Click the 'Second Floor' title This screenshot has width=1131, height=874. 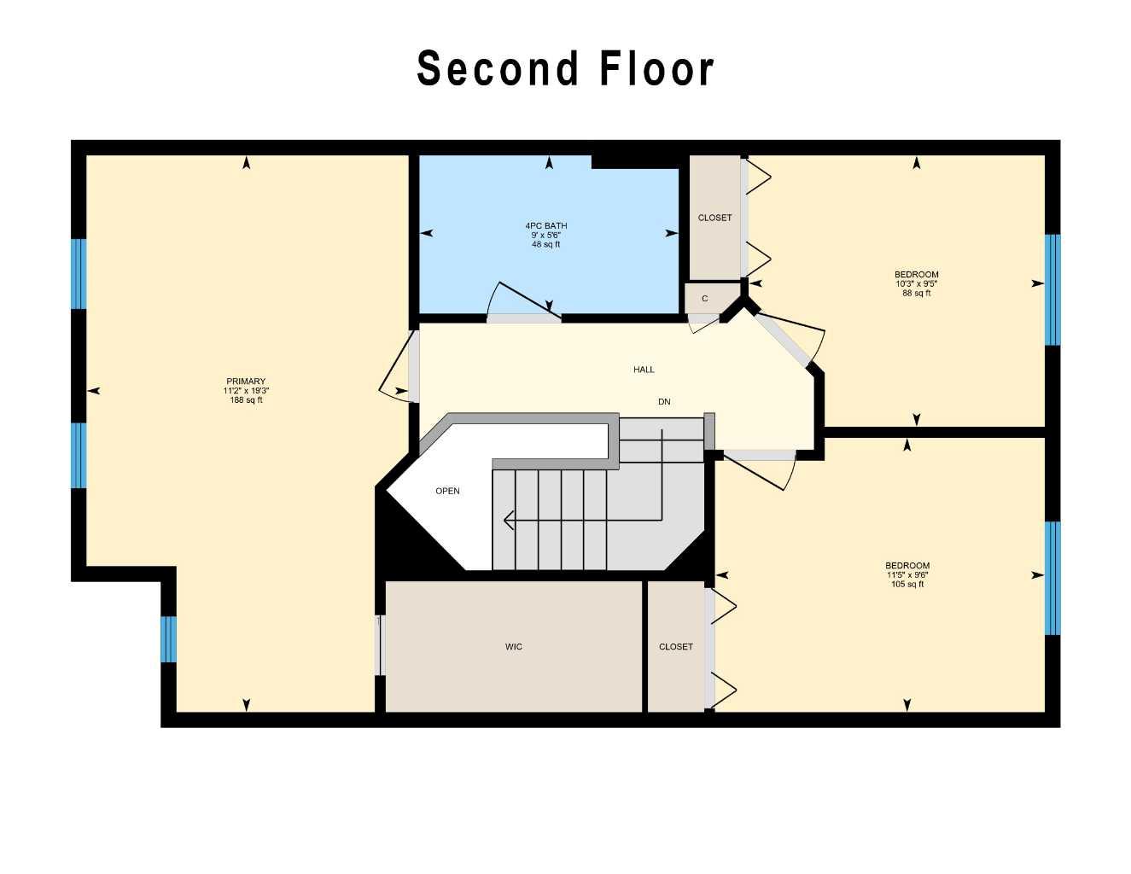(565, 68)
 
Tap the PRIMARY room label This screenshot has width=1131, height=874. (246, 382)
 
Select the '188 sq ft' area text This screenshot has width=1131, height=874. (246, 400)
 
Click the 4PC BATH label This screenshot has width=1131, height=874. (546, 226)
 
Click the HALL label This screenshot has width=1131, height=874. (644, 370)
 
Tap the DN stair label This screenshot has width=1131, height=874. (664, 401)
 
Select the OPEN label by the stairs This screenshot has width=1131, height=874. (447, 491)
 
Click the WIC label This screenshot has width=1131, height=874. (513, 647)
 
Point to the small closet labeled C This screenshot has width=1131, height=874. (704, 299)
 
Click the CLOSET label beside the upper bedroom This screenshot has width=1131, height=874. (714, 218)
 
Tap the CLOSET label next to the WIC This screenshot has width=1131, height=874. (675, 647)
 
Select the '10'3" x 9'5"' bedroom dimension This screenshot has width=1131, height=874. (917, 284)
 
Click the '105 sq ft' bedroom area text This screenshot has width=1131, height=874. (907, 585)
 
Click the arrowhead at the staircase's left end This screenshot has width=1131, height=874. (509, 520)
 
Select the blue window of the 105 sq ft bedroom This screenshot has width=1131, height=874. (1052, 578)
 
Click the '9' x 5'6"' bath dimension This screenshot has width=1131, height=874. (546, 236)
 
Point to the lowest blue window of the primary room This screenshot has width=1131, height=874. (169, 638)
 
